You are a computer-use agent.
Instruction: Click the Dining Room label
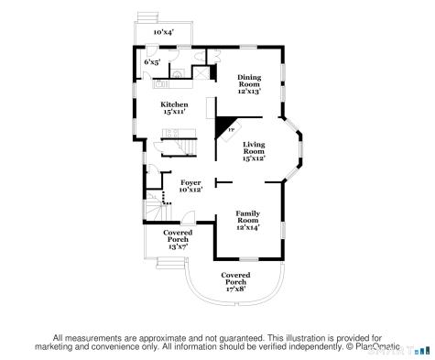249,81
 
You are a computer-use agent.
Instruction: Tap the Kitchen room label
174,104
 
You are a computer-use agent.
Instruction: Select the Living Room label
254,147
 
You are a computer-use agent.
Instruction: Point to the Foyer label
190,182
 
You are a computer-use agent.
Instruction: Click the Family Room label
248,217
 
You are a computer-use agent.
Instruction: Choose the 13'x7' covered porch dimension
178,246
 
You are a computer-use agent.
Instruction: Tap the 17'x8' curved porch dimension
235,289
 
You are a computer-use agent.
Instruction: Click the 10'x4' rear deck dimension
164,32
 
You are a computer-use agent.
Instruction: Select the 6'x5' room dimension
152,62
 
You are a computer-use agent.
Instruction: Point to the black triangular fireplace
223,125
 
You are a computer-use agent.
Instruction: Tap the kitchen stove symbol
171,132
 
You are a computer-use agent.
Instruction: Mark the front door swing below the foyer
188,217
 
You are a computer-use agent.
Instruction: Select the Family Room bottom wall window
249,259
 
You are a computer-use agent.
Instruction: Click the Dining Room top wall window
248,47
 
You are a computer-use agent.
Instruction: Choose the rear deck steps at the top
148,16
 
